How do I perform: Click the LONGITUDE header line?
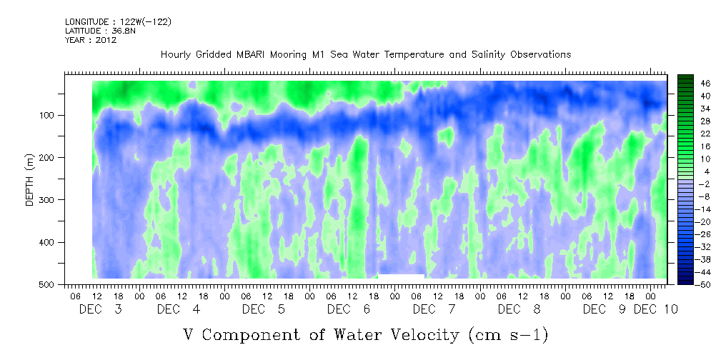click(118, 22)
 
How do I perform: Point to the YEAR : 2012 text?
click(90, 40)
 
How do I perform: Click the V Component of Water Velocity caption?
click(365, 334)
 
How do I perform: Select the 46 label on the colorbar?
click(705, 83)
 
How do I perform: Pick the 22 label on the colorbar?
click(705, 134)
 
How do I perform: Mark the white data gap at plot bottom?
click(401, 276)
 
